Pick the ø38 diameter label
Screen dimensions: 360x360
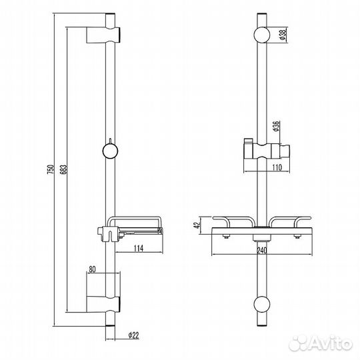click(x=282, y=37)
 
